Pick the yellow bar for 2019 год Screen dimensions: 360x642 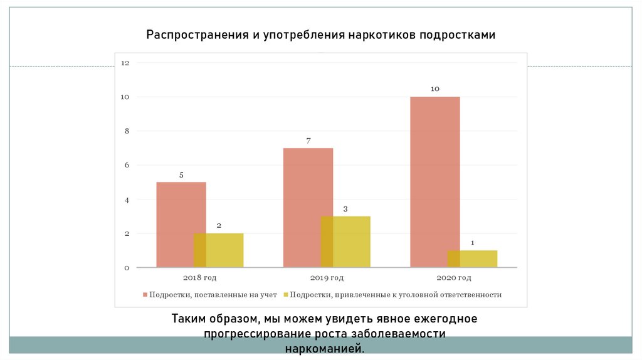[x=351, y=241]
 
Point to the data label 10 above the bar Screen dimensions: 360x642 [x=435, y=89]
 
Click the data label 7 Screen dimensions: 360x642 [x=308, y=140]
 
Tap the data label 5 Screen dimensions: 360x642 [x=181, y=175]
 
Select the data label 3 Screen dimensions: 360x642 [x=345, y=208]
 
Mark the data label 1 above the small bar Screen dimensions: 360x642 [x=472, y=243]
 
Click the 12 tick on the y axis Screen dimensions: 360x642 [x=125, y=63]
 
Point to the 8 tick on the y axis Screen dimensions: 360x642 [x=126, y=131]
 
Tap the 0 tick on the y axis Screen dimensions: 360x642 [x=126, y=268]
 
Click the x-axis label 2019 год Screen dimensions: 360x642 [x=327, y=277]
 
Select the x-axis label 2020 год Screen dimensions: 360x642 [x=454, y=277]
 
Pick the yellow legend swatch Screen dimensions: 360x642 [x=285, y=294]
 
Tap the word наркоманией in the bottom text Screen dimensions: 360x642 [x=324, y=348]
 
